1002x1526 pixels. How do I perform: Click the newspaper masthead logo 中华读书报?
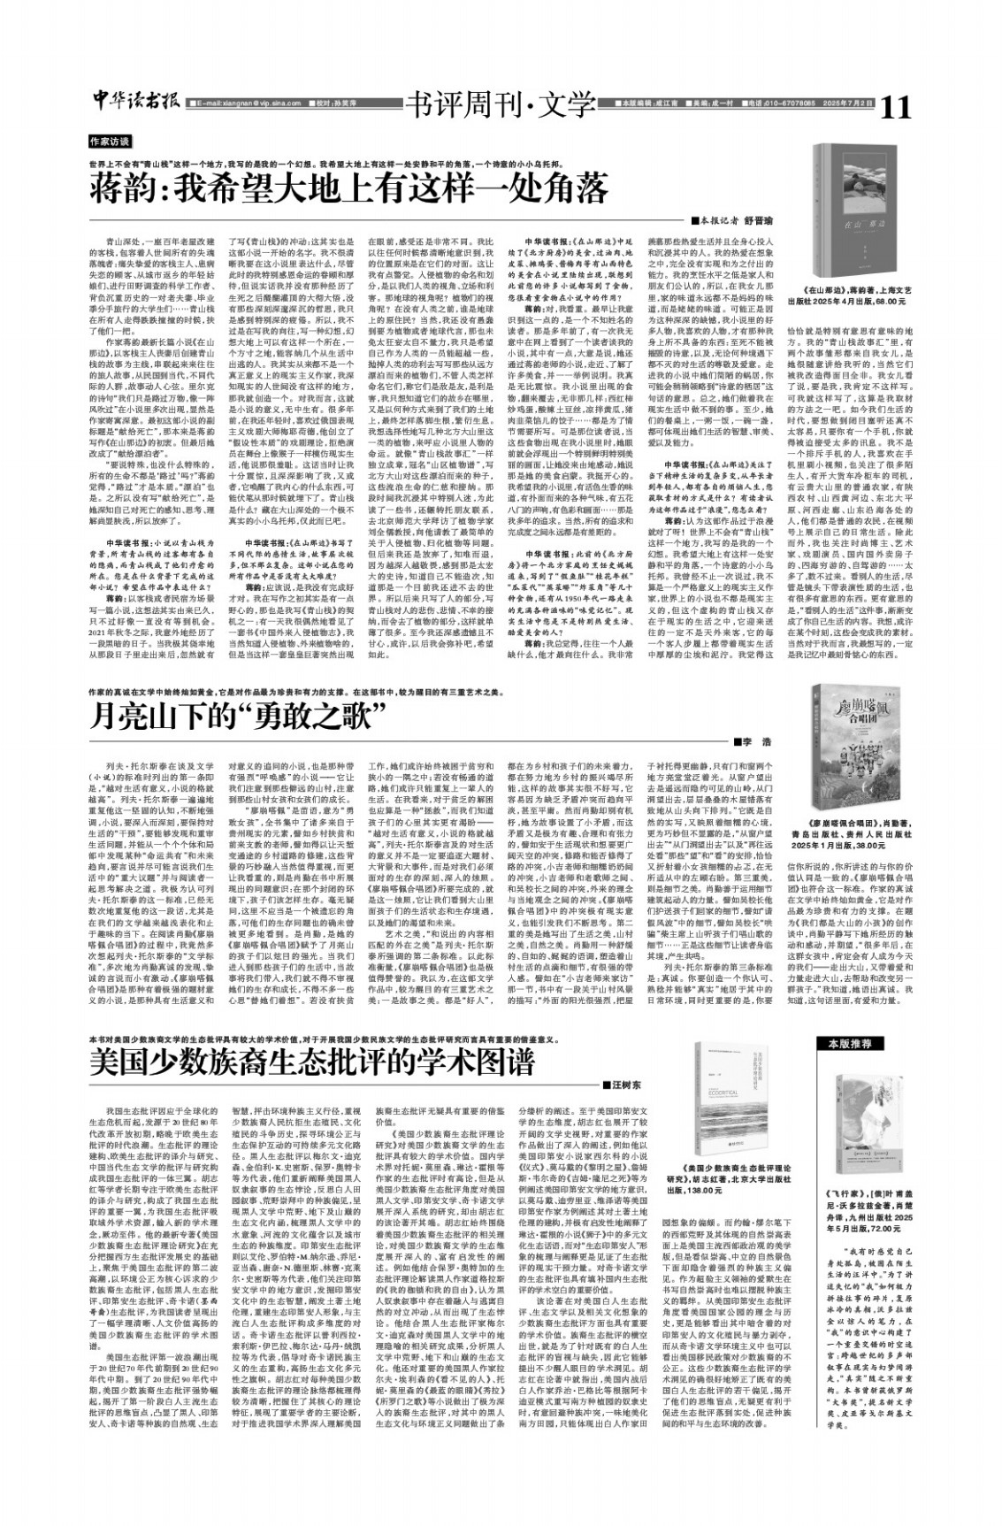click(135, 104)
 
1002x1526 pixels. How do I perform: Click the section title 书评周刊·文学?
click(498, 105)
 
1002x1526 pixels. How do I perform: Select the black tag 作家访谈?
click(109, 142)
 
